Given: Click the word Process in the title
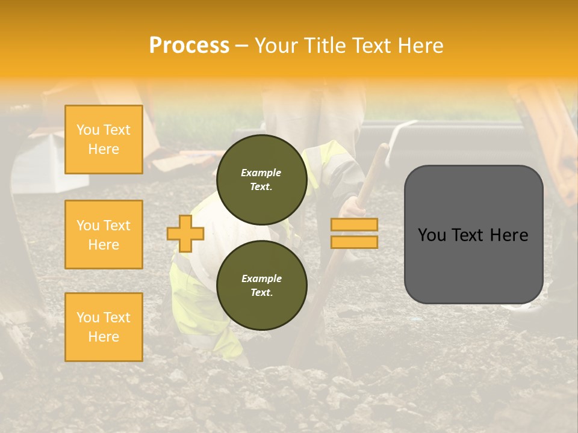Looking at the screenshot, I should (189, 46).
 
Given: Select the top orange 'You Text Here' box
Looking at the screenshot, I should (104, 140).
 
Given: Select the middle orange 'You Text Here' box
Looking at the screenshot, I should (104, 235).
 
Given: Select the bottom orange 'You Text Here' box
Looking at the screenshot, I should (104, 327).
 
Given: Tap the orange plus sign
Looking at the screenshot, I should (185, 233).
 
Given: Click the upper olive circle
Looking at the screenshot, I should (261, 180).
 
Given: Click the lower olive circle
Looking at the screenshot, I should (261, 286).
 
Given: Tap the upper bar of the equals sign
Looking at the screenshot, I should (354, 224).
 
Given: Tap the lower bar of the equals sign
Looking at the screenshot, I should (354, 242).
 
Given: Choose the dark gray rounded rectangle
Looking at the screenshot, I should (473, 265).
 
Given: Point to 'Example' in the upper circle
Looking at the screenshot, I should (261, 173).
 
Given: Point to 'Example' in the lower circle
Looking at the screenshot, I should (261, 278).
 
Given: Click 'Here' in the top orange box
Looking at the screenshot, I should (104, 149).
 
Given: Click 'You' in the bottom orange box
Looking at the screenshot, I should (88, 318).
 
